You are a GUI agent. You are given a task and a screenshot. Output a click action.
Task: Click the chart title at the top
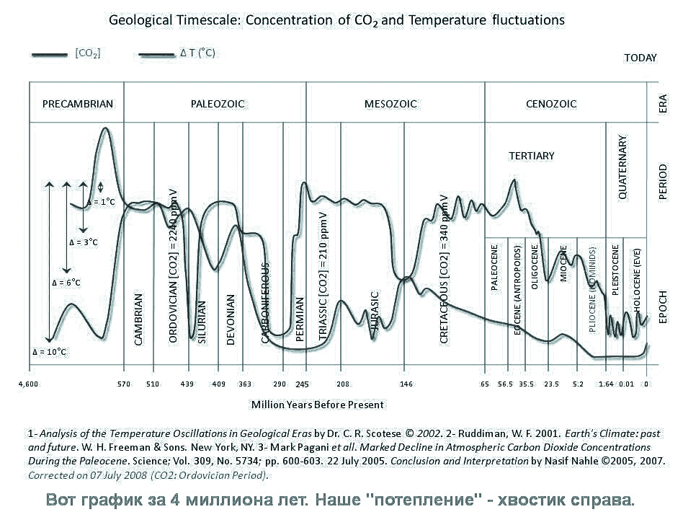[336, 20]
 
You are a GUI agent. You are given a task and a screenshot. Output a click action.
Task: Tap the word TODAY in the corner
[640, 58]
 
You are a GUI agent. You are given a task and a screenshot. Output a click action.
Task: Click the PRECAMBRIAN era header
[78, 104]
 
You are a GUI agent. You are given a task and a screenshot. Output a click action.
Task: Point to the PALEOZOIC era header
[218, 104]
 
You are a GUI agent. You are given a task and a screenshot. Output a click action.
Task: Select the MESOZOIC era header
[390, 104]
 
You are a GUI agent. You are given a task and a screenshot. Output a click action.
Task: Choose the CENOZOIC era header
[551, 104]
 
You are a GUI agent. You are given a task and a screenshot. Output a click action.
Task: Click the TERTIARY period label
[532, 156]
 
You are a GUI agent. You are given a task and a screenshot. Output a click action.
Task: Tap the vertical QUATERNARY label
[623, 167]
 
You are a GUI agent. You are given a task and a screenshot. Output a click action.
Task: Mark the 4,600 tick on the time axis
[28, 384]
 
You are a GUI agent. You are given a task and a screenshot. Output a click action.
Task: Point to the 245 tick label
[302, 384]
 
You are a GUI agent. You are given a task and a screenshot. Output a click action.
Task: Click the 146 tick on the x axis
[406, 384]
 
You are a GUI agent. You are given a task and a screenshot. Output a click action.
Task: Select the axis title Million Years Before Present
[318, 405]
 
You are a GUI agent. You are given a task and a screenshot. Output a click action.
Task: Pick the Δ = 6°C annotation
[66, 282]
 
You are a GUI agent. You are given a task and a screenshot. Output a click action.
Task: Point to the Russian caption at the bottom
[341, 499]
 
